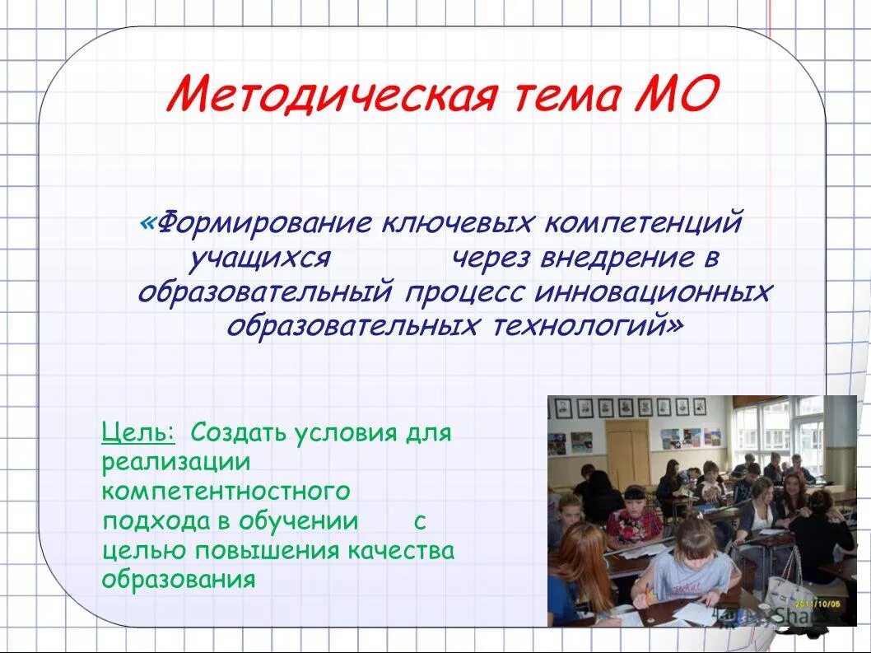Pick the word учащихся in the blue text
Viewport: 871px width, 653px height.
click(260, 258)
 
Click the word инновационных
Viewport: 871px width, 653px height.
click(655, 292)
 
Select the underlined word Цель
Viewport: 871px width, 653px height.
click(137, 431)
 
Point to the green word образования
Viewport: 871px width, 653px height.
click(179, 579)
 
